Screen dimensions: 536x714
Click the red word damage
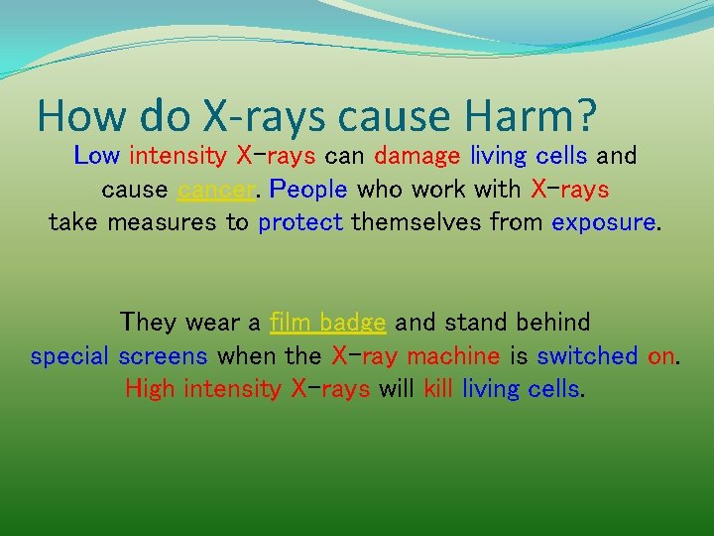(x=417, y=156)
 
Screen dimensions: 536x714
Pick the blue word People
(x=308, y=189)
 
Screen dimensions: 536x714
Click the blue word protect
(x=299, y=222)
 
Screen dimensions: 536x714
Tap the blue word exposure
(x=603, y=222)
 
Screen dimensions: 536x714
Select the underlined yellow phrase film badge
(x=327, y=323)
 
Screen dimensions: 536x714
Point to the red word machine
(x=453, y=355)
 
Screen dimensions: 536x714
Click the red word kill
(x=437, y=389)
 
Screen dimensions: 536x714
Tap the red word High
(x=152, y=389)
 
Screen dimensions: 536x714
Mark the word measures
(x=164, y=222)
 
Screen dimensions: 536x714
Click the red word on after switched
(x=661, y=355)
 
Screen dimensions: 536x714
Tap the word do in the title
(x=157, y=117)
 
